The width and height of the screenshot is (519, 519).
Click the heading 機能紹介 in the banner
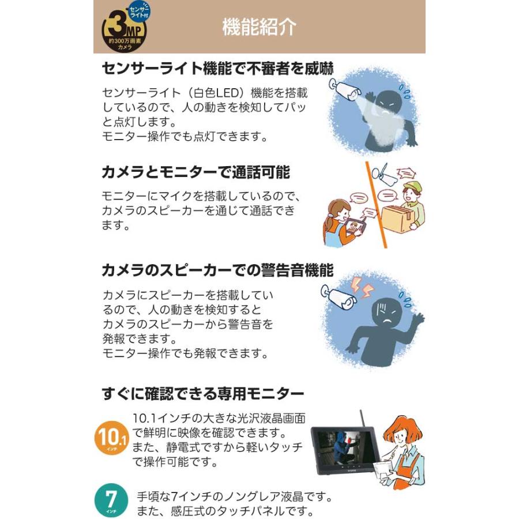coord(259,28)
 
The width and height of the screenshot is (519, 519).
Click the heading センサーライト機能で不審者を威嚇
coord(217,68)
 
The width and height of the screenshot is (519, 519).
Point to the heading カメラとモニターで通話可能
coord(195,171)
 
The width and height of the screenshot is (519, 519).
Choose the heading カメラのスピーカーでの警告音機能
coord(217,271)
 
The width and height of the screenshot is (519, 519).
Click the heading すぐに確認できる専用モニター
coord(202,394)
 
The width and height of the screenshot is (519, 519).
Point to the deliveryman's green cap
coord(410,188)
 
